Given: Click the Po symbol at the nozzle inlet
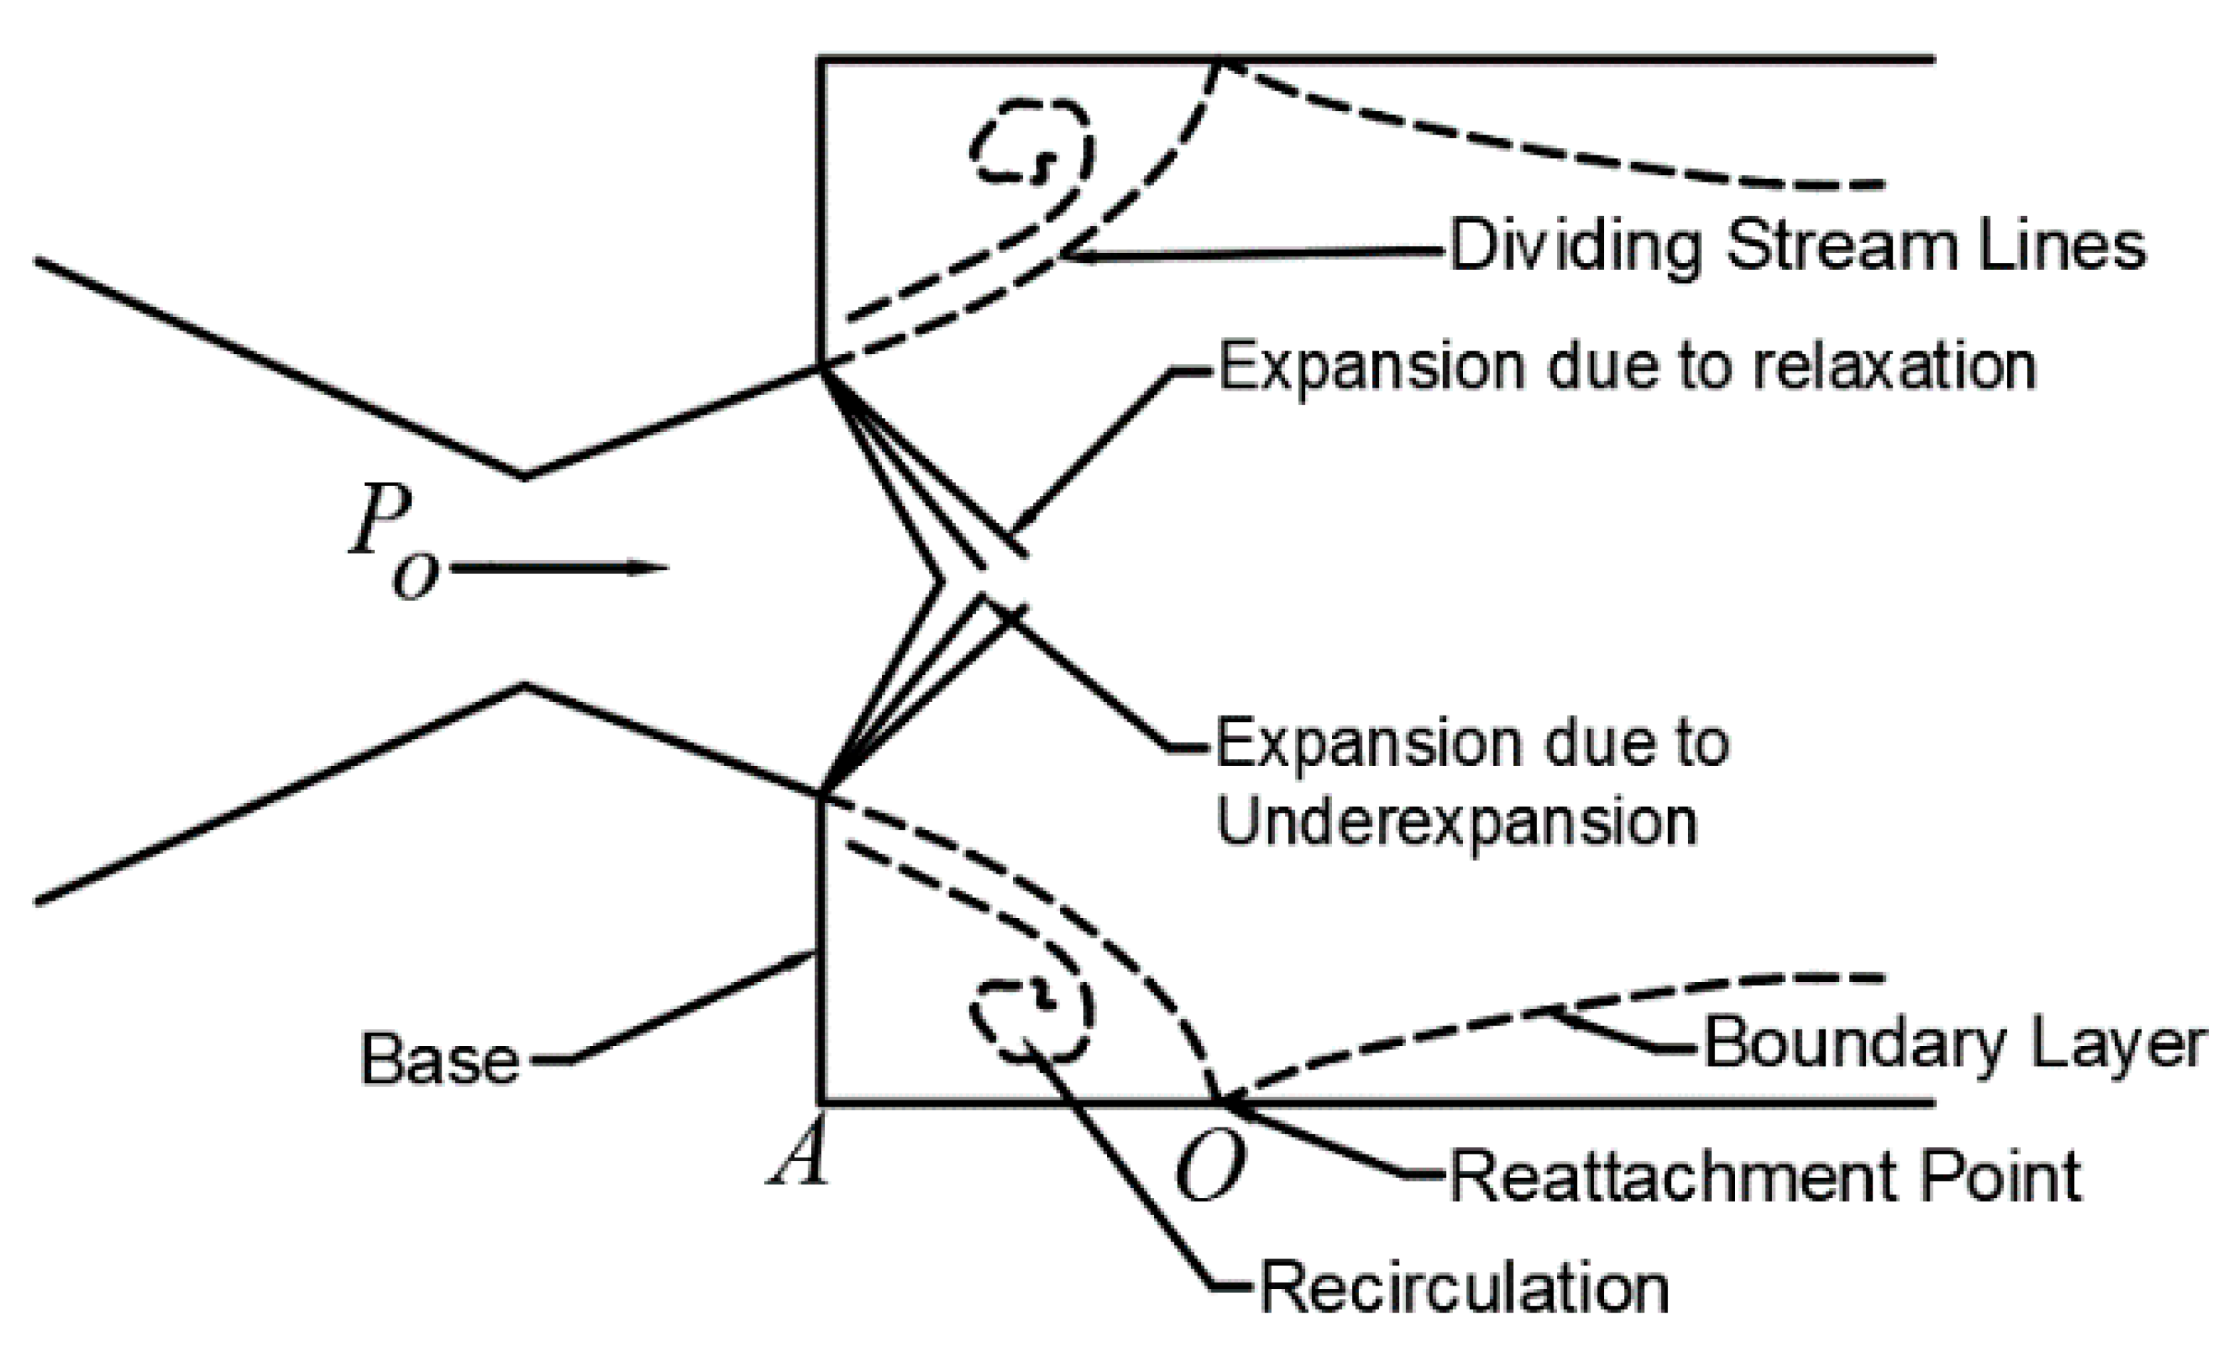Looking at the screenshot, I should coord(392,542).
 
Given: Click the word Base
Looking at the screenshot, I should coord(439,1059).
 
